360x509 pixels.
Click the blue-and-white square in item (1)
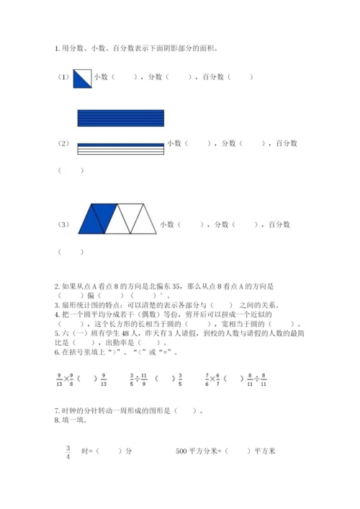[83, 77]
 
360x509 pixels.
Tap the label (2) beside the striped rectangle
[63, 143]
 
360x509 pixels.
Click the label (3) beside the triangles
[63, 225]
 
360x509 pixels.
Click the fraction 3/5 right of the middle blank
[181, 378]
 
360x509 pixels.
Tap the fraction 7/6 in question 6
[207, 378]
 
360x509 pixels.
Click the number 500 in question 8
[181, 451]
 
